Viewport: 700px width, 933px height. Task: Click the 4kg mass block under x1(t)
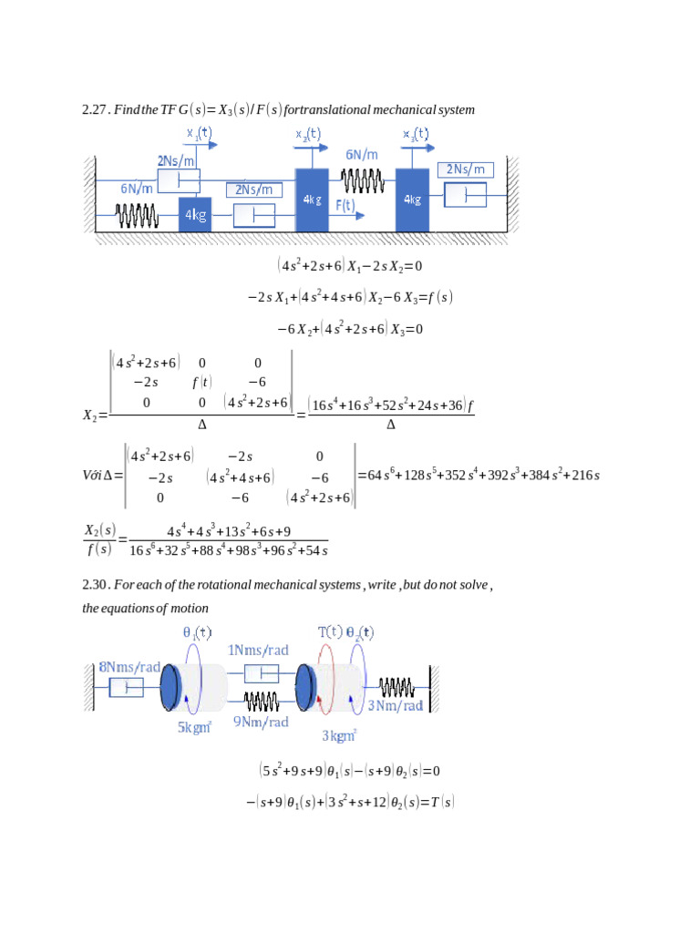[x=195, y=215]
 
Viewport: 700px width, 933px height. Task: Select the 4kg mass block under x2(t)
[x=312, y=199]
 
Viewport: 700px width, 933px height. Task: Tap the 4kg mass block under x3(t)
[x=412, y=199]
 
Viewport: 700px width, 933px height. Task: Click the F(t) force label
[x=345, y=205]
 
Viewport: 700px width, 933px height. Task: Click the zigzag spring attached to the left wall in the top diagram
[x=137, y=216]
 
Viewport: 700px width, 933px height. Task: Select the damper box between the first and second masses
[x=255, y=216]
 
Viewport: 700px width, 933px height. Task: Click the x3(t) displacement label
[x=415, y=134]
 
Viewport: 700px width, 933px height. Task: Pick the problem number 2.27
[x=95, y=110]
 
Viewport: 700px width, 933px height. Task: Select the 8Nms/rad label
[x=129, y=667]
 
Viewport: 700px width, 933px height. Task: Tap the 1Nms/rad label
[x=258, y=651]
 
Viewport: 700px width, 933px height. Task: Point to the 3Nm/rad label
[x=395, y=705]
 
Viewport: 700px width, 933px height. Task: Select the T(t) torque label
[x=330, y=631]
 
